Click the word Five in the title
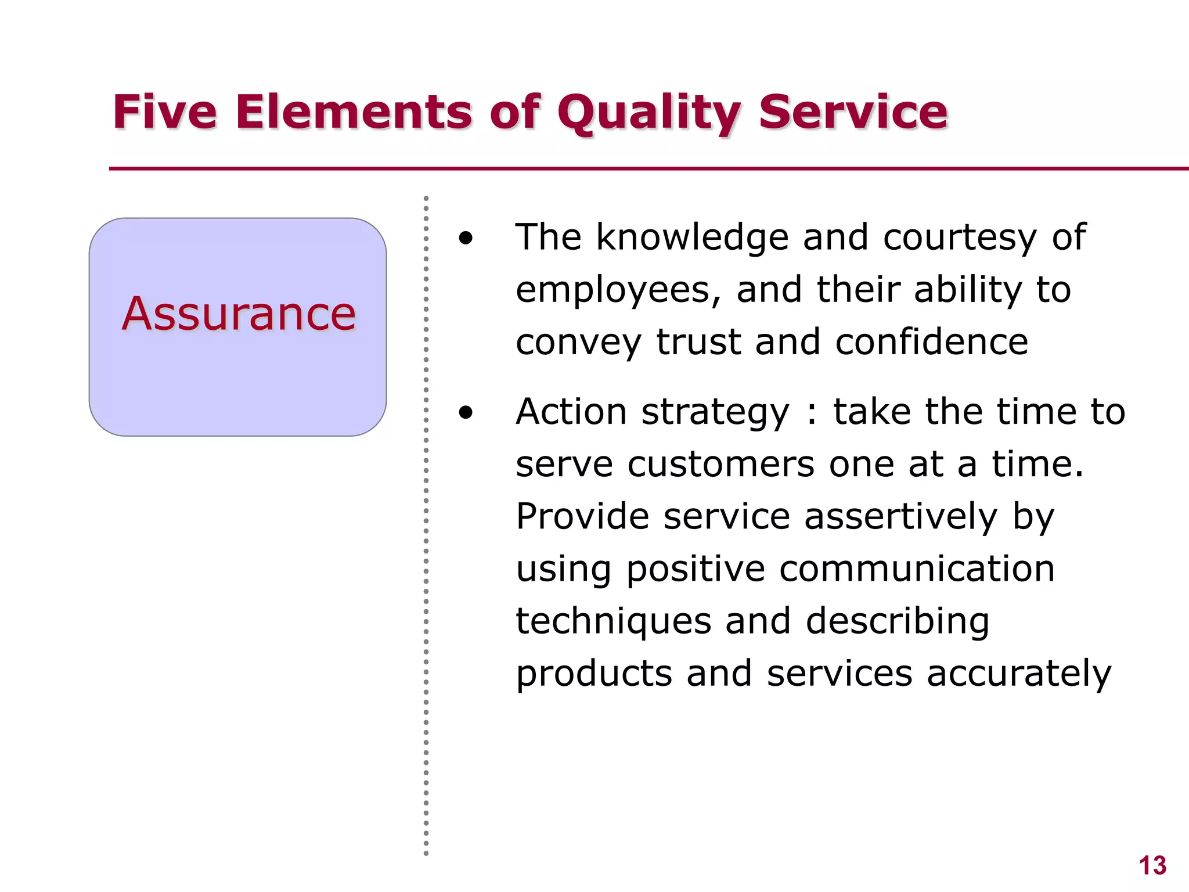[165, 111]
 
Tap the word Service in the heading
[853, 111]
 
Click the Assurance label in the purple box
[239, 314]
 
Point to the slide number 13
[1152, 866]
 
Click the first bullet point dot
[466, 238]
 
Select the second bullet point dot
[466, 413]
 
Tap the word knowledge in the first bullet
[692, 238]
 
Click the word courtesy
[960, 238]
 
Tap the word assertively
[901, 517]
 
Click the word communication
[917, 569]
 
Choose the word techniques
[613, 622]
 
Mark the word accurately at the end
[1018, 674]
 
